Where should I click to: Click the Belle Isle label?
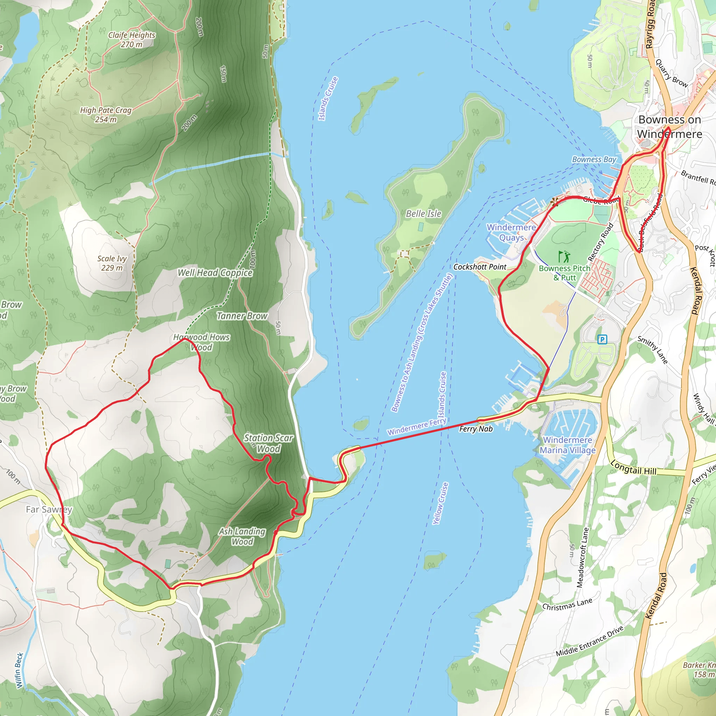click(424, 214)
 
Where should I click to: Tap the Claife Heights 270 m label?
click(131, 40)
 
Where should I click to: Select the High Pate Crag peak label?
click(106, 115)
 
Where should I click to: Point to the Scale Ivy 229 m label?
click(112, 263)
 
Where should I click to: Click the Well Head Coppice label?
click(215, 273)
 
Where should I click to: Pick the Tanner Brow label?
click(242, 316)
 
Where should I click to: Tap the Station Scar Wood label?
click(268, 443)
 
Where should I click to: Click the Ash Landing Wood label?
click(242, 536)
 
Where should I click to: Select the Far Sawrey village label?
click(49, 510)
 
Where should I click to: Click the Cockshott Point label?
click(480, 267)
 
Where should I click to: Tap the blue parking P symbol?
click(602, 339)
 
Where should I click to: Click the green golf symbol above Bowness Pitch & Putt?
click(564, 257)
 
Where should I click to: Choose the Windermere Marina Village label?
click(567, 445)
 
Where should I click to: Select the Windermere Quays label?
click(511, 232)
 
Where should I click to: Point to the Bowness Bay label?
click(594, 160)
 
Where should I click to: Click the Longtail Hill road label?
click(633, 467)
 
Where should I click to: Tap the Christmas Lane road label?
click(567, 604)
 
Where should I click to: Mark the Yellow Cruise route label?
click(441, 503)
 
